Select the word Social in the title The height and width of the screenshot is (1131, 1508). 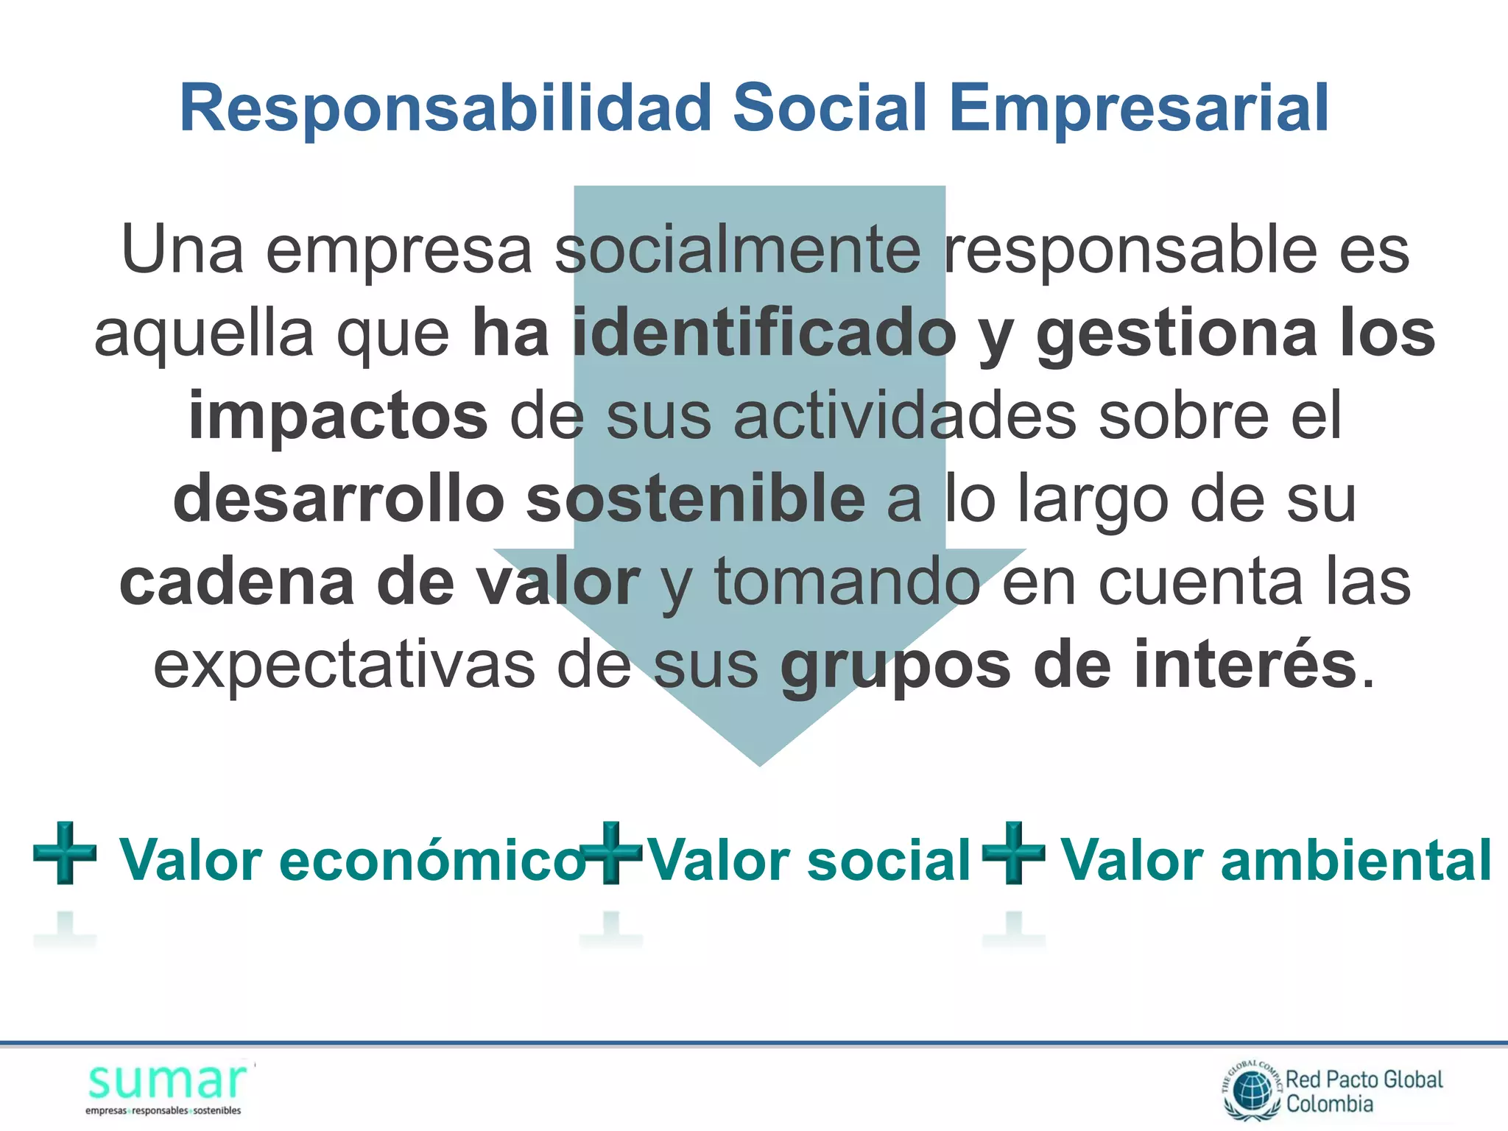coord(829,108)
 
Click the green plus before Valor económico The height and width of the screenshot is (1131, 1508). coord(65,853)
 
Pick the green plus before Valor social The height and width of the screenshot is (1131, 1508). coord(611,853)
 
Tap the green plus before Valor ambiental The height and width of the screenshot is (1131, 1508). coord(1014,853)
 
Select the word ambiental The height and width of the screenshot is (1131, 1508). coord(1356,860)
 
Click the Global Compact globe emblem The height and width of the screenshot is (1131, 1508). coord(1252,1091)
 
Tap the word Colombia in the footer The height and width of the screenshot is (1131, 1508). coord(1330,1104)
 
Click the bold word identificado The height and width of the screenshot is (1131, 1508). coord(764,334)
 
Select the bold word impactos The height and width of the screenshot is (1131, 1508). coord(338,417)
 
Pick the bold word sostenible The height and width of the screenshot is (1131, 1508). coord(696,500)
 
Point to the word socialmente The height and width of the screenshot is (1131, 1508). coord(737,250)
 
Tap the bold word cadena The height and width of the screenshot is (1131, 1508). coord(236,582)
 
